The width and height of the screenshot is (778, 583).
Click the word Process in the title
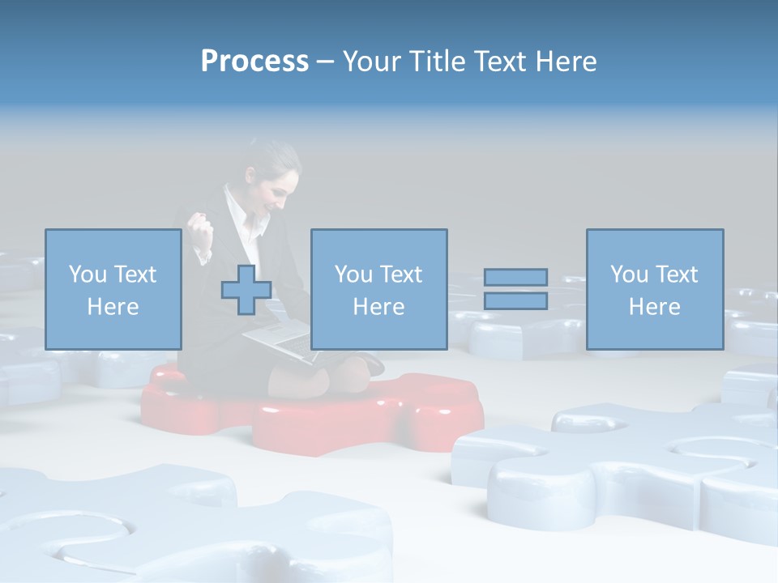254,62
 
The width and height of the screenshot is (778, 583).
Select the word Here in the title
566,62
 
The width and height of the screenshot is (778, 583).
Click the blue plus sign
246,290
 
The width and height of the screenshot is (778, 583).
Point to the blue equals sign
515,289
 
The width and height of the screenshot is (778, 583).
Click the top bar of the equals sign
515,277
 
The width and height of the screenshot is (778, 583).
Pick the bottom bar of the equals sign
515,301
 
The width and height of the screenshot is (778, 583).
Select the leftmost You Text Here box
113,289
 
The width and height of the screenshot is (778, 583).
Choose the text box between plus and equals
378,289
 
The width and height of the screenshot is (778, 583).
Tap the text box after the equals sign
654,289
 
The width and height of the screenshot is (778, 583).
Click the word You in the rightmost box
629,274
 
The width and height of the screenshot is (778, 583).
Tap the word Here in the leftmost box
113,307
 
